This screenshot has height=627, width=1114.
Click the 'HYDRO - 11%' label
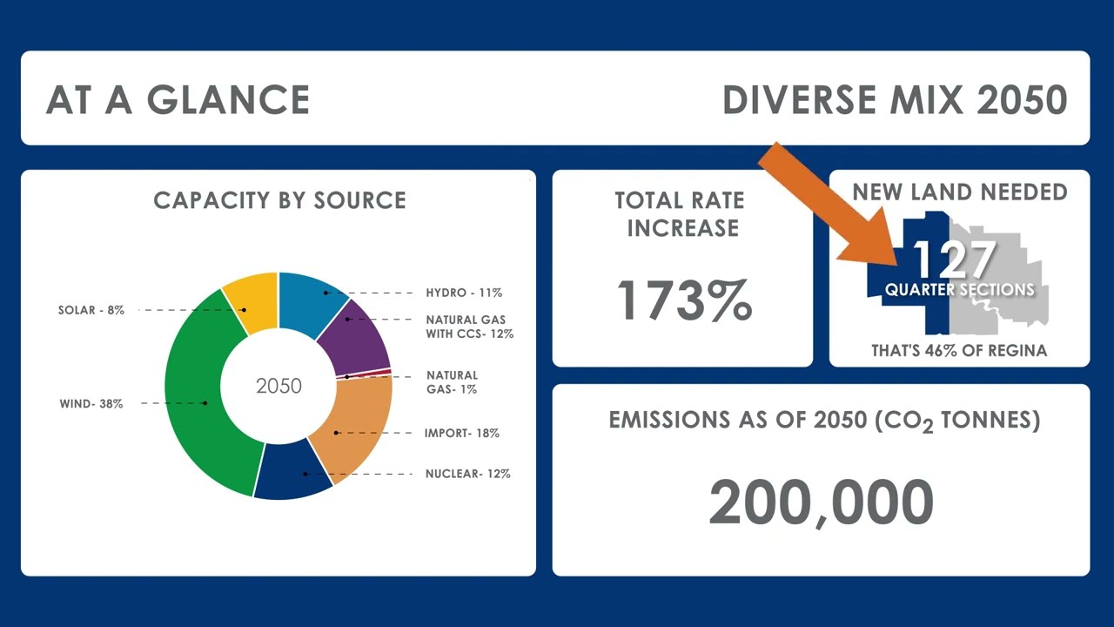point(464,293)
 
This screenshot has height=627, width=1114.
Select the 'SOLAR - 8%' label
point(91,310)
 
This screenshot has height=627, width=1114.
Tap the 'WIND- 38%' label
point(91,403)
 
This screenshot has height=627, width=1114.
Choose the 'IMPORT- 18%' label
point(461,433)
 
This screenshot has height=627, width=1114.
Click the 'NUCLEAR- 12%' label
point(468,474)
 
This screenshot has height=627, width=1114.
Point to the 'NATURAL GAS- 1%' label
point(452,382)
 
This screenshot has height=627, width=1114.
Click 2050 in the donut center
point(279,386)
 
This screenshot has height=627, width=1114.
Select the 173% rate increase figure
point(684,300)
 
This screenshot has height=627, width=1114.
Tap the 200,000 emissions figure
point(821,502)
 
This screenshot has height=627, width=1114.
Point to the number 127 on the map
point(955,259)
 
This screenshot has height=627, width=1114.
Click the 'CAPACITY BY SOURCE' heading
point(279,200)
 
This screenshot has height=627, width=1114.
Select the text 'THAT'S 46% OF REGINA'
point(959,351)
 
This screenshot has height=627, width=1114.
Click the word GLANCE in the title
point(228,99)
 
